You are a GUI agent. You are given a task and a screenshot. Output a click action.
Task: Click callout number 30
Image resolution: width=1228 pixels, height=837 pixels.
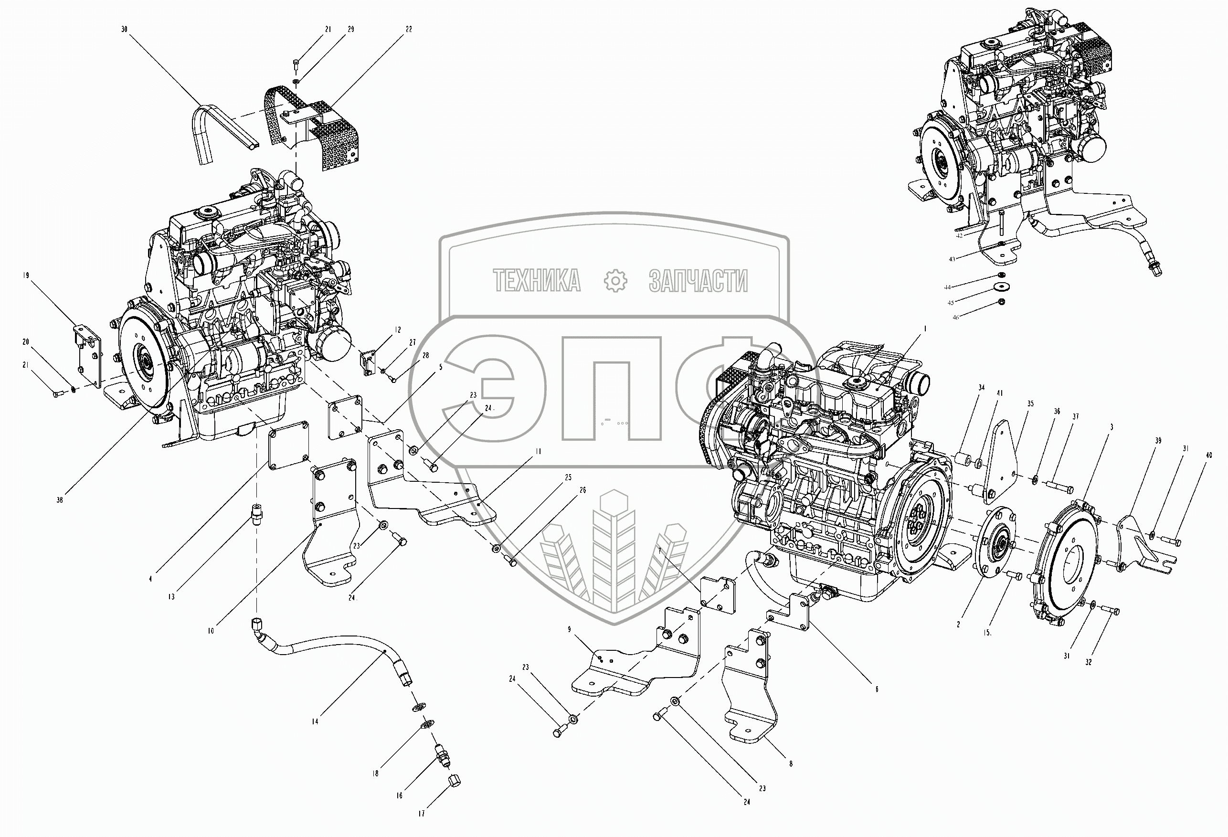[x=124, y=30]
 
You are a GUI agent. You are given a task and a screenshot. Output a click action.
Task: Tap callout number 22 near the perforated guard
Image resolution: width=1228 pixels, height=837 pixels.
[x=408, y=30]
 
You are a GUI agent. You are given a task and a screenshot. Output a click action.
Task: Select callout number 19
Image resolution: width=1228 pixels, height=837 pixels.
[x=26, y=275]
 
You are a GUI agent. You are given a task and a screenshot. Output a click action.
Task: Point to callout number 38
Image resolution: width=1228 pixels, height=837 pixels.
[x=60, y=500]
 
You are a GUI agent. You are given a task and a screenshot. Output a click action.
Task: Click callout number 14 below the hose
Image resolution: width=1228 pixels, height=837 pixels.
[x=315, y=721]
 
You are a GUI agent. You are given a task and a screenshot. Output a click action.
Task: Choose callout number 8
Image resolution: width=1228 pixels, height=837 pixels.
[x=791, y=763]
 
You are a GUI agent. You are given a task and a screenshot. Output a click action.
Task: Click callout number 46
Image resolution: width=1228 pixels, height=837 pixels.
[x=955, y=318]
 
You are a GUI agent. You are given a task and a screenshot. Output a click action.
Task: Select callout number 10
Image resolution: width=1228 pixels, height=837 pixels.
[x=211, y=631]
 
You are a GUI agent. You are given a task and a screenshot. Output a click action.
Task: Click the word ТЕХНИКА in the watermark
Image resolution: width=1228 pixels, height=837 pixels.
[x=537, y=280]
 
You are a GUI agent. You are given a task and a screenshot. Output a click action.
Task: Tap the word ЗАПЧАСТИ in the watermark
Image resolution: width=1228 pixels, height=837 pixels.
[x=698, y=280]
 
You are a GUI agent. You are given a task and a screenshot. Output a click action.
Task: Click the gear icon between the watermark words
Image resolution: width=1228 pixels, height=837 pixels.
[x=615, y=280]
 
